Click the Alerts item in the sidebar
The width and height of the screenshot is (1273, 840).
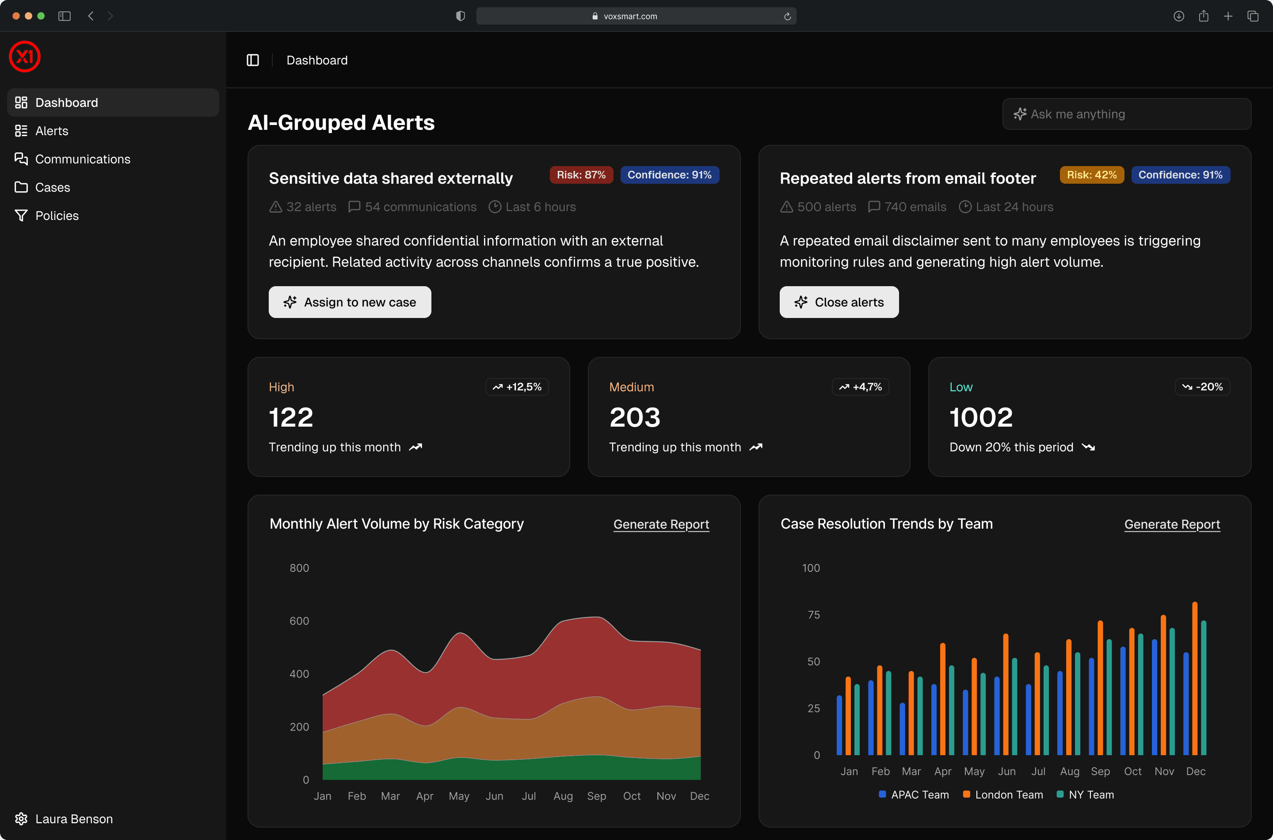(x=51, y=131)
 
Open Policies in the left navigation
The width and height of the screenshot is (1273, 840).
(x=56, y=216)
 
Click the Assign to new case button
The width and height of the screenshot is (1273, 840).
(x=350, y=302)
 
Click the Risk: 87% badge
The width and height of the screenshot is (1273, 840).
(x=581, y=174)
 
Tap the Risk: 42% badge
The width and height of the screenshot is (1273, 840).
(x=1091, y=174)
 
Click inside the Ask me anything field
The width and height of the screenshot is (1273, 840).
(x=1131, y=114)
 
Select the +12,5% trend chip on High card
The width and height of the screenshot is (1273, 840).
(x=517, y=387)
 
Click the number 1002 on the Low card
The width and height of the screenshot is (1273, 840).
(x=981, y=417)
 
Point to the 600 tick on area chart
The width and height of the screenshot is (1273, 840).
(x=299, y=621)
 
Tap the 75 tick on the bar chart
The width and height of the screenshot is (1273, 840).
(x=813, y=614)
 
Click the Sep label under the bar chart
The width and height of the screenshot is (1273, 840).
(x=1100, y=772)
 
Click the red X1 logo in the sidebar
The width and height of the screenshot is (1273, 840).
(x=25, y=56)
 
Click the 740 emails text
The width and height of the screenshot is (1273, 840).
(x=915, y=207)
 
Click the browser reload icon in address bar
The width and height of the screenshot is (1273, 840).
(x=787, y=16)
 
